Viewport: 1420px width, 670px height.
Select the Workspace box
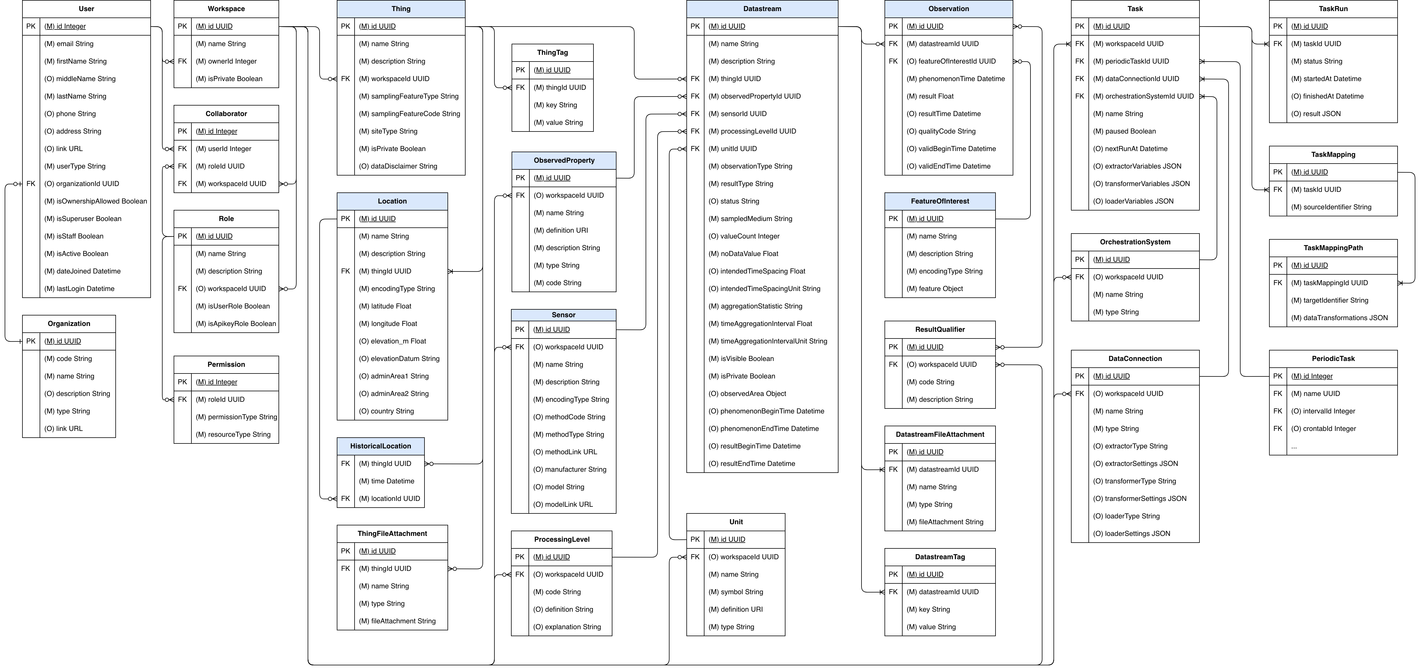pos(226,9)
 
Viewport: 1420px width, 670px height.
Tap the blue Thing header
pos(401,9)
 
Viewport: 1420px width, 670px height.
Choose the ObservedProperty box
pos(563,160)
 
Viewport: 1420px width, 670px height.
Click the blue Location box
pos(392,201)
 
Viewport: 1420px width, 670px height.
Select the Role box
pos(226,219)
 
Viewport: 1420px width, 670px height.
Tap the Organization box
pos(69,324)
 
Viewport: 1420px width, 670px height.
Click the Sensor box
pos(563,315)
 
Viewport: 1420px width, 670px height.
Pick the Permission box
pos(226,364)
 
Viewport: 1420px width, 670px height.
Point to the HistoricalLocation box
pos(380,446)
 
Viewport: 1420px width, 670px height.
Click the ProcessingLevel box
pos(561,539)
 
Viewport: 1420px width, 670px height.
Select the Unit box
pos(735,522)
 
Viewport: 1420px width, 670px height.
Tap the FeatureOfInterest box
pos(940,201)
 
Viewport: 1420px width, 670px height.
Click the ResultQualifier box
pos(940,330)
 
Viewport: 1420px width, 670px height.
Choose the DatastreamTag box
pos(940,557)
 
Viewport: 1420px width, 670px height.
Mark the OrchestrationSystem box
pos(1135,242)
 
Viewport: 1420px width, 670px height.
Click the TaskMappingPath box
pos(1333,248)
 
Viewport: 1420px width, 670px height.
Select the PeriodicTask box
pos(1333,358)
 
